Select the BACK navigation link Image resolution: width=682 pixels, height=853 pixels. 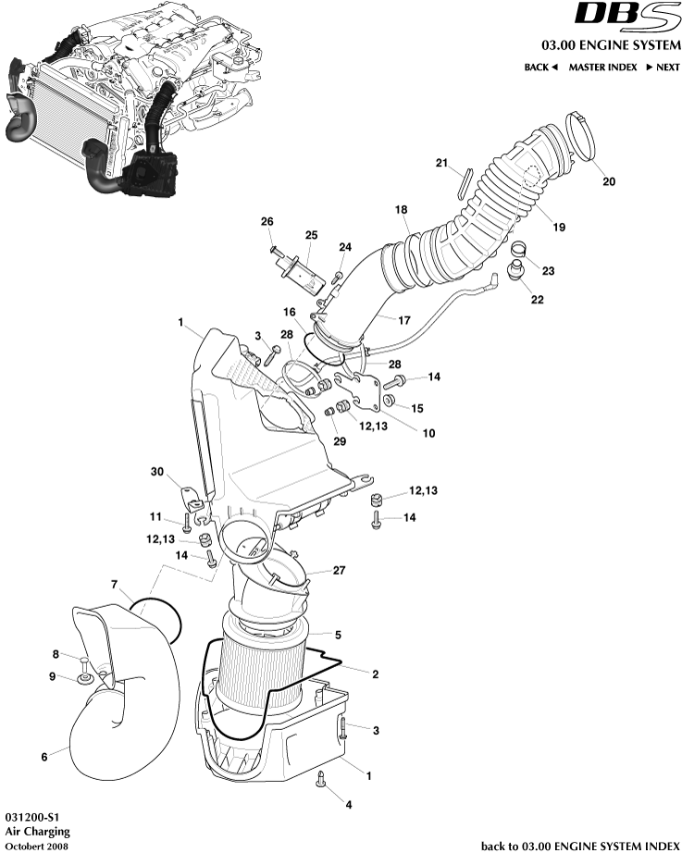(540, 68)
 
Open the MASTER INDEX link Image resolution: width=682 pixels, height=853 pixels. (602, 68)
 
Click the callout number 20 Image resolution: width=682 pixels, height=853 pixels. (608, 181)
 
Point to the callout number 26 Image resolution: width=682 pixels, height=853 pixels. (267, 222)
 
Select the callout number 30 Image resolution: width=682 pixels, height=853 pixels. (158, 472)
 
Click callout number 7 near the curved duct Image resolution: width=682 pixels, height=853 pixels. (114, 585)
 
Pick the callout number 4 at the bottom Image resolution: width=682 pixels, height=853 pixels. (349, 805)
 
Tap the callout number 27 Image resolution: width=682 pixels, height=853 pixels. (339, 571)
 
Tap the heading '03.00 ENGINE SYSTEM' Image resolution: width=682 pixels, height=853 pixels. (611, 45)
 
